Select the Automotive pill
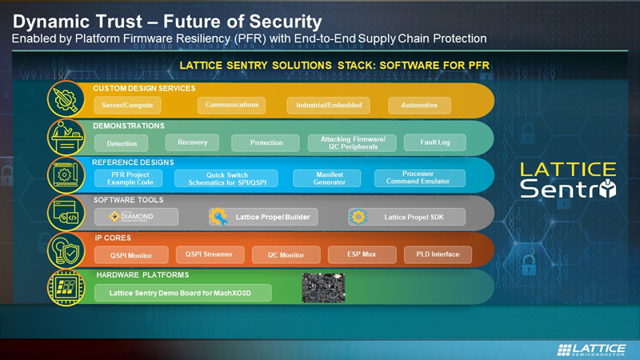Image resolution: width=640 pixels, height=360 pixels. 419,106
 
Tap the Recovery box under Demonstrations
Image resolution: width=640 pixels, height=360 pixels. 193,142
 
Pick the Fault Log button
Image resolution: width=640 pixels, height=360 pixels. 435,142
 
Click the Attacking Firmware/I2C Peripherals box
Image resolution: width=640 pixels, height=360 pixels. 353,143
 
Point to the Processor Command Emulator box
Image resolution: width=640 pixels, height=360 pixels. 418,177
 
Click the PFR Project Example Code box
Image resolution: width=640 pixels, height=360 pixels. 130,178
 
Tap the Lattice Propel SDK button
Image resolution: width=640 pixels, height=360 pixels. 406,217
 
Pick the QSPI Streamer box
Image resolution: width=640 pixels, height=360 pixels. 209,254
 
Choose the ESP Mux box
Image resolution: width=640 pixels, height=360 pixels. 362,254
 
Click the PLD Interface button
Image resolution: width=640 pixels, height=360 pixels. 438,254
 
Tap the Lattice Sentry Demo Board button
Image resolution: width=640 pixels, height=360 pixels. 183,293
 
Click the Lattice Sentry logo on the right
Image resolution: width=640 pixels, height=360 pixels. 568,180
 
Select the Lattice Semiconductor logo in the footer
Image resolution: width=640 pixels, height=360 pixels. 591,350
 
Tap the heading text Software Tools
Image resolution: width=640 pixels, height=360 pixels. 129,200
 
